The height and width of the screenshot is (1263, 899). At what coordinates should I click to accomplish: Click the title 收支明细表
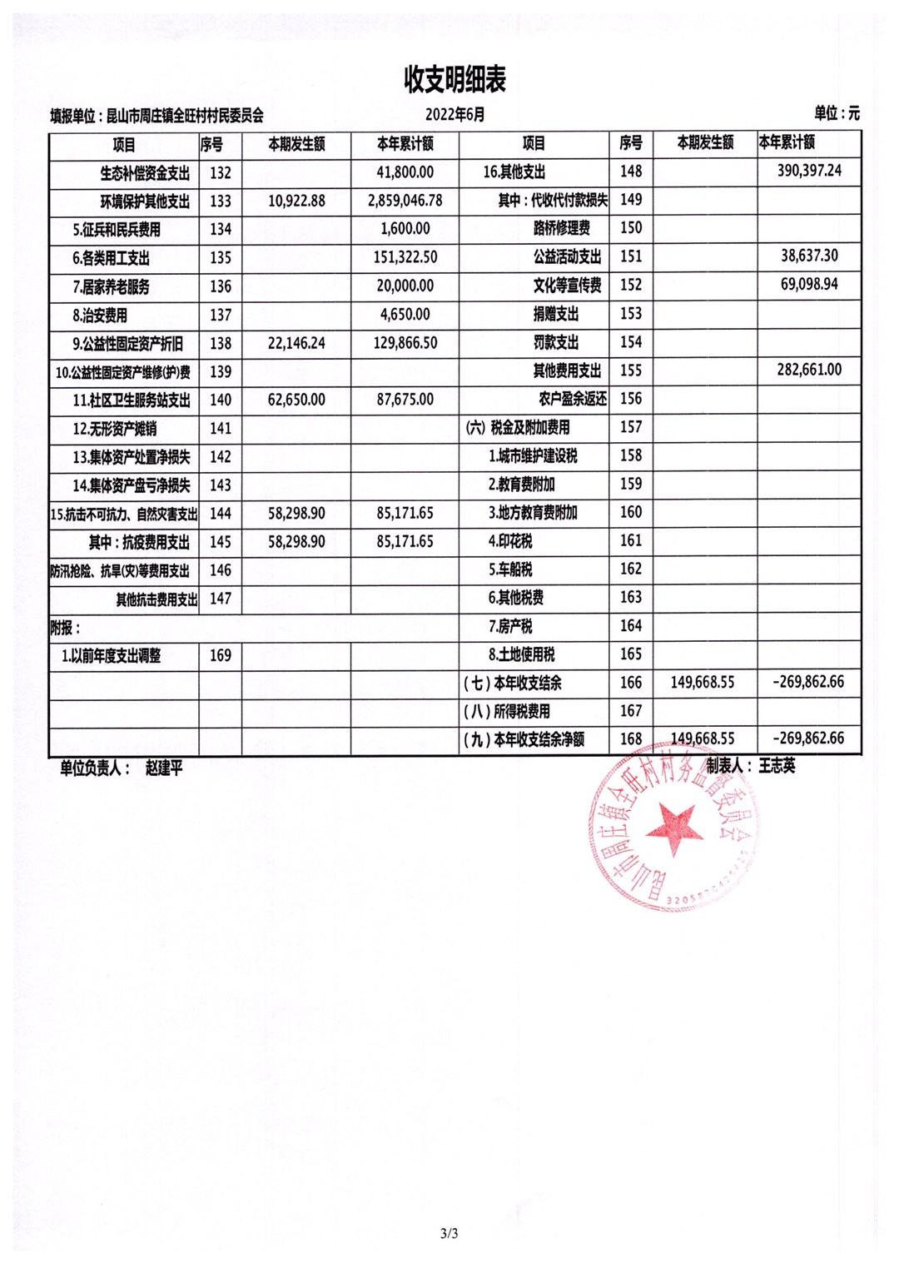454,80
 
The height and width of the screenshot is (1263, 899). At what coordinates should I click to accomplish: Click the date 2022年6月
454,115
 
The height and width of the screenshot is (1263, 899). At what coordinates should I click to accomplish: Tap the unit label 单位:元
837,113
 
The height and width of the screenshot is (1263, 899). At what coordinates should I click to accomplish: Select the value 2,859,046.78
405,201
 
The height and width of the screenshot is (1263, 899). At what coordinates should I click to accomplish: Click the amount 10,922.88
296,201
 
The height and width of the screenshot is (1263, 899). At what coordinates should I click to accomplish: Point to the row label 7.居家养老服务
111,286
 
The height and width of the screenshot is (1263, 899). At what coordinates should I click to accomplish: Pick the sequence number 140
221,400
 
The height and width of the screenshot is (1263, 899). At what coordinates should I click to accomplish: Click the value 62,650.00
296,400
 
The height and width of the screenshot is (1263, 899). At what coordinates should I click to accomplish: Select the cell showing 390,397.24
809,171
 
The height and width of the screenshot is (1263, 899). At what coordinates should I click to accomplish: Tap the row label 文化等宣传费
567,285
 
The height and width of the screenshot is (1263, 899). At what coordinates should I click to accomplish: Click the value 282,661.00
809,369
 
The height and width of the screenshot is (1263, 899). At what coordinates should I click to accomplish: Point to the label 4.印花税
510,541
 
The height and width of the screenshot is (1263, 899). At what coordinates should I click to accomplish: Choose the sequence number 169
221,655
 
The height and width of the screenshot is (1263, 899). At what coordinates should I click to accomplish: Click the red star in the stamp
673,829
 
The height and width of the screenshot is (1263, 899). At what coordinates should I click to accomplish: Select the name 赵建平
164,768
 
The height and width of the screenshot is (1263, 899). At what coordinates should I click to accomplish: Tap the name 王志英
777,766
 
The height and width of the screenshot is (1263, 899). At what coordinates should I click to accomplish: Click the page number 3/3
449,1233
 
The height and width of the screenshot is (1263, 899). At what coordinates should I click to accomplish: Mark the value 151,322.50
405,257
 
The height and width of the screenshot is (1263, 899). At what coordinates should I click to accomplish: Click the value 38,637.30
809,256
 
